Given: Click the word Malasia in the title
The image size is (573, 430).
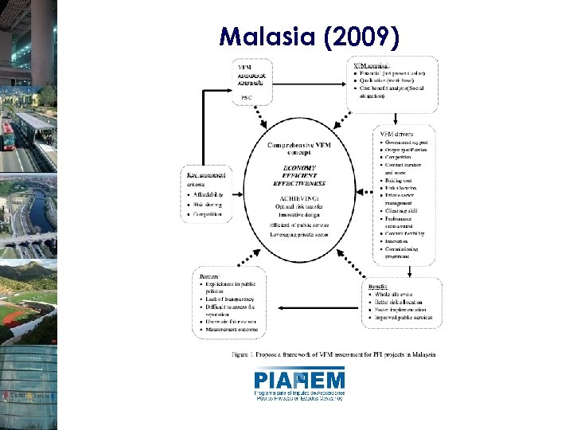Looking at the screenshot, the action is (263, 37).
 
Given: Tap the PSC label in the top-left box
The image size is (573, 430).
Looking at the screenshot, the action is (247, 97).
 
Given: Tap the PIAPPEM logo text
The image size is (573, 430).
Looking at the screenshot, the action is (300, 380).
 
